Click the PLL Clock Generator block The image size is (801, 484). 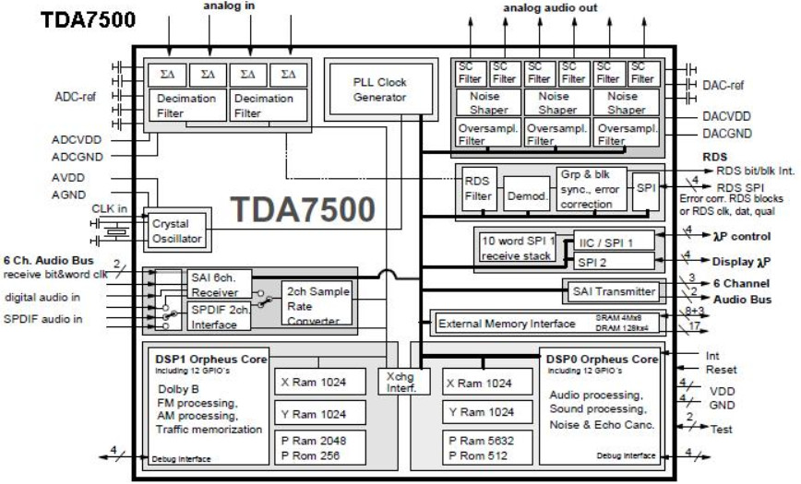(379, 89)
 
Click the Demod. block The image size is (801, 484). (526, 195)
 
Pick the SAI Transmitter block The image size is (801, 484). (611, 292)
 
